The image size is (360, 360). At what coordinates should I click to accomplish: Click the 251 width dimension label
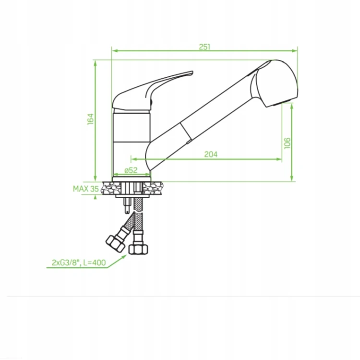coord(204,47)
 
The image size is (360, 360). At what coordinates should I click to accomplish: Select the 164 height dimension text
coord(91,119)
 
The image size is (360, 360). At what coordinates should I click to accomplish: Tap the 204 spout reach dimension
coord(211,154)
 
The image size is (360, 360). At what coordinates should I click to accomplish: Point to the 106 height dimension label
coord(287,143)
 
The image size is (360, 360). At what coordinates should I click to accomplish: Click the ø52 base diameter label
coord(131,170)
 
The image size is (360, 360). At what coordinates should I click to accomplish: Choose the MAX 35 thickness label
coord(85,189)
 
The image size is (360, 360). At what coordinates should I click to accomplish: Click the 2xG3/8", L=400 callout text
coord(79,263)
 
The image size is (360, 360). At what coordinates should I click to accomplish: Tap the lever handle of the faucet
coord(152,91)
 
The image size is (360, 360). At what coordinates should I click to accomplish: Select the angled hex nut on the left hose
coord(115,243)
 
